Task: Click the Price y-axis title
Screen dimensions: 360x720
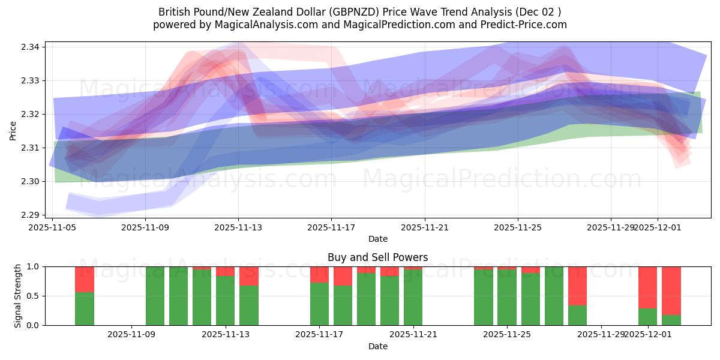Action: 13,131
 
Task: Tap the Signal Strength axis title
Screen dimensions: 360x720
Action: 18,296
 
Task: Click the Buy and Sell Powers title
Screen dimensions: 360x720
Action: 377,257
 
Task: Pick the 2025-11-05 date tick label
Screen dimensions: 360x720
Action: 53,227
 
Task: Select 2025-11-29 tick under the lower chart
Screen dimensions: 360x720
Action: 601,334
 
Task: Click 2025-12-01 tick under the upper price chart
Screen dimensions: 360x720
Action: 658,227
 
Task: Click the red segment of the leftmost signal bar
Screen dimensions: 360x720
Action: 85,279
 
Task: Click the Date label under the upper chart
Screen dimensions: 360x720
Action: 377,239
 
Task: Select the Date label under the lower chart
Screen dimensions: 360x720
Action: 377,346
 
